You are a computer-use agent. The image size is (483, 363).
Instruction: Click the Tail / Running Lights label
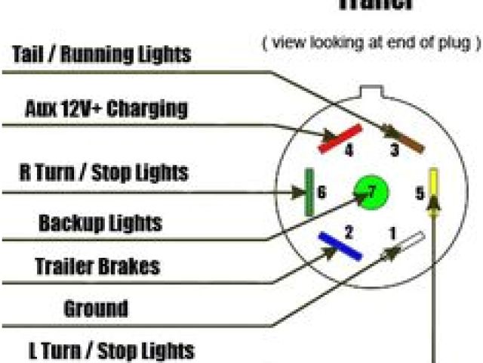pyautogui.click(x=101, y=54)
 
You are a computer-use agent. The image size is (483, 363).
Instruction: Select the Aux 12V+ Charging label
pyautogui.click(x=106, y=109)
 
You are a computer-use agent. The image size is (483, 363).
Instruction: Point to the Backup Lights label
pyautogui.click(x=100, y=223)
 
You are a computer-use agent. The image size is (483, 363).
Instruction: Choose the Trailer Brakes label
pyautogui.click(x=97, y=266)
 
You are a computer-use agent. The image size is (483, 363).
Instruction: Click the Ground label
pyautogui.click(x=96, y=308)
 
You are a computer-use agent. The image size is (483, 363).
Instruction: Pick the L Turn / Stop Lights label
pyautogui.click(x=110, y=350)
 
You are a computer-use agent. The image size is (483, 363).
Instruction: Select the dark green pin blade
pyautogui.click(x=309, y=192)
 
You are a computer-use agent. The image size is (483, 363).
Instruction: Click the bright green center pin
pyautogui.click(x=370, y=192)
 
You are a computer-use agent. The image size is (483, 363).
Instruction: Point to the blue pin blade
pyautogui.click(x=340, y=247)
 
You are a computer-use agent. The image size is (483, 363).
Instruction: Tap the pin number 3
pyautogui.click(x=394, y=152)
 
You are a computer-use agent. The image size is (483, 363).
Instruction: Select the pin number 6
pyautogui.click(x=322, y=193)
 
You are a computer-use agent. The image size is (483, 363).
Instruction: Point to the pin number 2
pyautogui.click(x=349, y=231)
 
